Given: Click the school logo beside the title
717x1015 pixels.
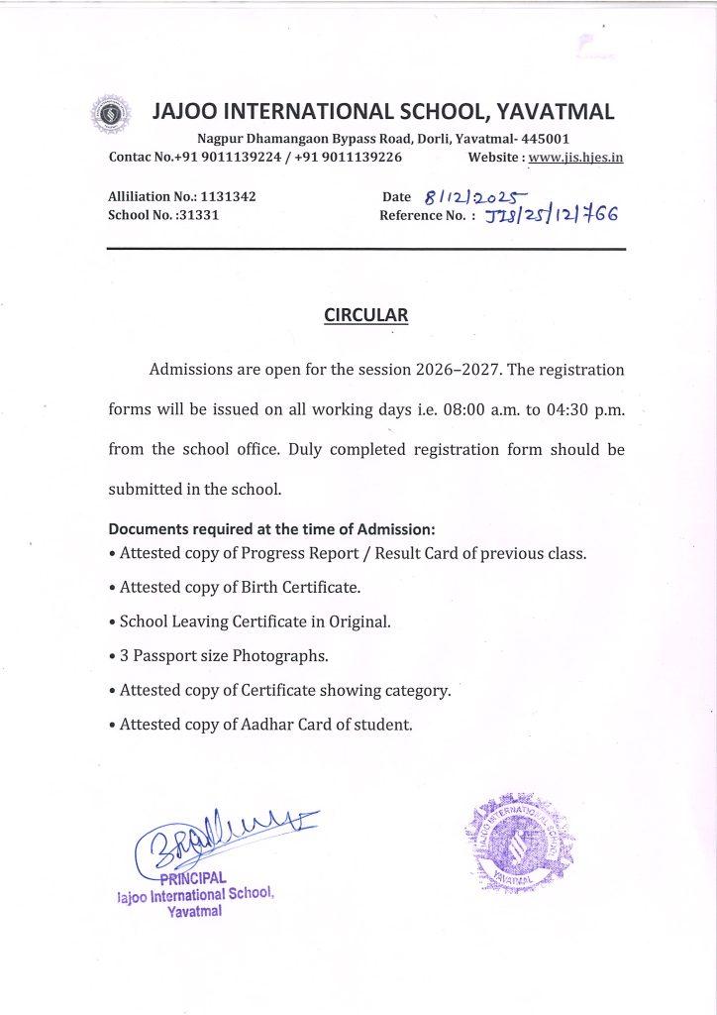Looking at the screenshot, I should pos(106,115).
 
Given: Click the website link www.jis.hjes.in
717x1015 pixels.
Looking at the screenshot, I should pos(575,157).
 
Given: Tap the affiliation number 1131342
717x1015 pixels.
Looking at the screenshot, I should pos(228,197).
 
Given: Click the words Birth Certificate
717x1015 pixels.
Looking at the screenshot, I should pos(302,587).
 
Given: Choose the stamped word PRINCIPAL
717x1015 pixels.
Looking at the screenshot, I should pos(194,876).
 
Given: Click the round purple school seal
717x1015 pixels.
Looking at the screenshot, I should pos(517,839).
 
